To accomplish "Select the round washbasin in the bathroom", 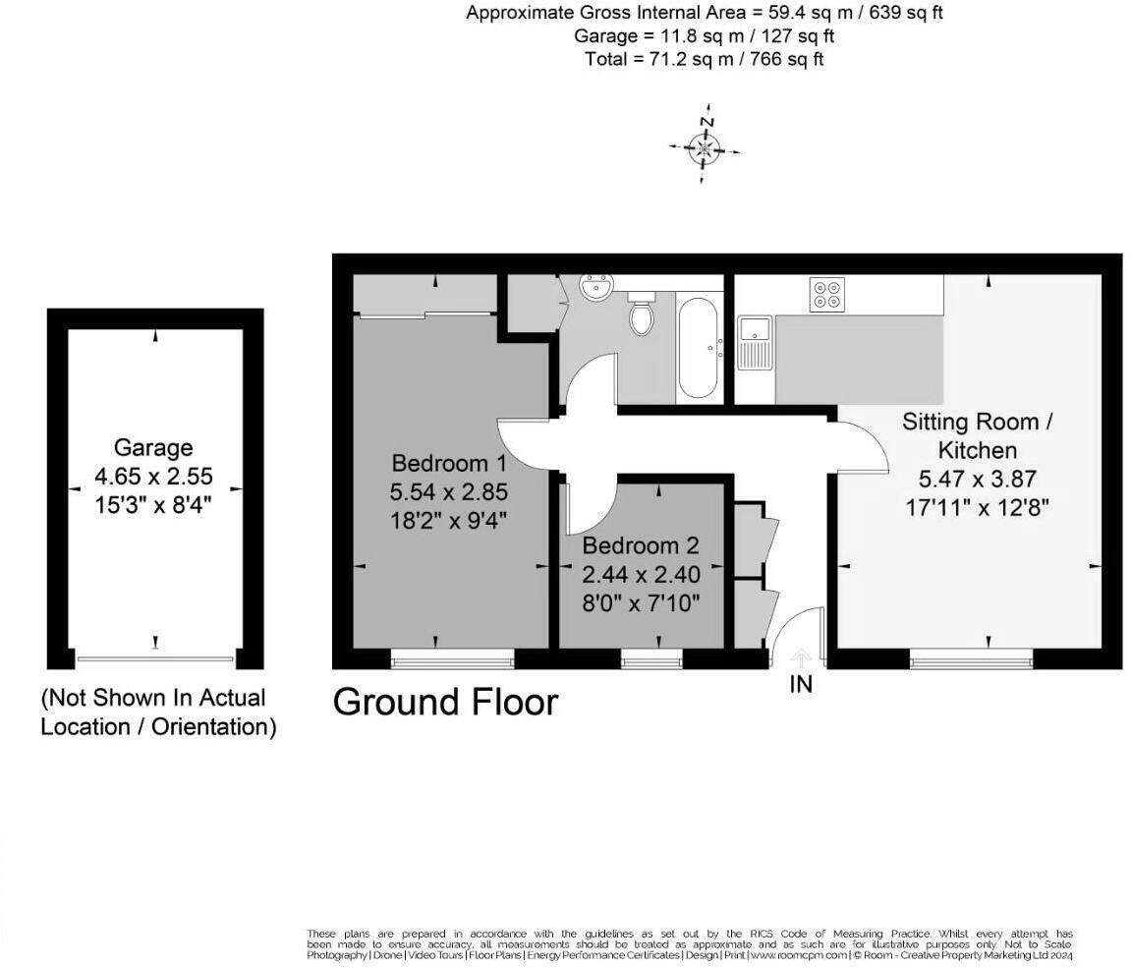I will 595,287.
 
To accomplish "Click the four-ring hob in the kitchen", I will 825,295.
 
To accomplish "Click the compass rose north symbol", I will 705,148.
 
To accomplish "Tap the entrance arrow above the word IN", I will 801,656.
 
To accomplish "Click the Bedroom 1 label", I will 449,463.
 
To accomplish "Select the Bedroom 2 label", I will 641,545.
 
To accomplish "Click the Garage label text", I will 153,448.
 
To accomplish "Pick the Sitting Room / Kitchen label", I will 977,436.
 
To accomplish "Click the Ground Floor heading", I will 445,702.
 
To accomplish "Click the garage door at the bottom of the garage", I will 155,658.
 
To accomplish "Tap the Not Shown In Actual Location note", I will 157,712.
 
